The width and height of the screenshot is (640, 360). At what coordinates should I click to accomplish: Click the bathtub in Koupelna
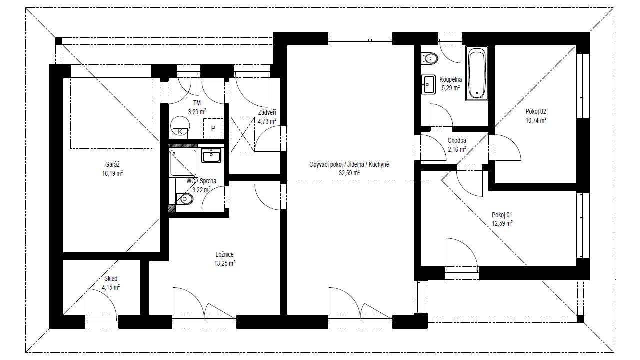[x=477, y=73]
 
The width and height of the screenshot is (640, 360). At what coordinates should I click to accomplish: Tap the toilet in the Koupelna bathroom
[x=429, y=59]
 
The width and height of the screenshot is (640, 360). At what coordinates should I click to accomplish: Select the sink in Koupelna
[x=428, y=84]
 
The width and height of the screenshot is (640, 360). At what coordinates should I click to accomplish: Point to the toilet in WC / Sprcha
[x=184, y=199]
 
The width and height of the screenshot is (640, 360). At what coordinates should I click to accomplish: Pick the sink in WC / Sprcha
[x=211, y=155]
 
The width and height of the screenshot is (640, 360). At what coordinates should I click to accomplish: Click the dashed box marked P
[x=213, y=128]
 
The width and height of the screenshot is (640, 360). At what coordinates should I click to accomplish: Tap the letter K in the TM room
[x=180, y=132]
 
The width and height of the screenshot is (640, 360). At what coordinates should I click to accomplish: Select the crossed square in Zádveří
[x=243, y=134]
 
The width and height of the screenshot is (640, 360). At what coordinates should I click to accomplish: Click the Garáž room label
[x=112, y=164]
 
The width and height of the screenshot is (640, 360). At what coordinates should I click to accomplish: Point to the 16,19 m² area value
[x=112, y=173]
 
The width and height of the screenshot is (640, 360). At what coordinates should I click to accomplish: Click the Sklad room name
[x=111, y=278]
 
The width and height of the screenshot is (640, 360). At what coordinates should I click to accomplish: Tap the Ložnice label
[x=225, y=254]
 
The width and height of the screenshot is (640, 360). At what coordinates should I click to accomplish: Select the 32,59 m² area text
[x=349, y=173]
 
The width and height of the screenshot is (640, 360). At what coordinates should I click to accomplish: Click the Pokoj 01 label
[x=502, y=215]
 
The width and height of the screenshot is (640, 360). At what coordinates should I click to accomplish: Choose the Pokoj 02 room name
[x=536, y=111]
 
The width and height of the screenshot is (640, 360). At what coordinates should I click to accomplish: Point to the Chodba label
[x=457, y=140]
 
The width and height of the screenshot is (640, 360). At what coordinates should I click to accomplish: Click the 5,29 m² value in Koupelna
[x=451, y=88]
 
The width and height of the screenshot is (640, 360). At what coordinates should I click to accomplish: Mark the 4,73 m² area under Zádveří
[x=267, y=121]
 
